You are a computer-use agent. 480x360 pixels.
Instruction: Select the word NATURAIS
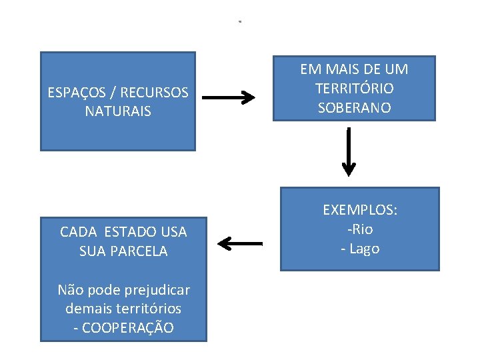(x=118, y=111)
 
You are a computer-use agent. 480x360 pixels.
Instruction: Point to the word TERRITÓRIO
(x=354, y=88)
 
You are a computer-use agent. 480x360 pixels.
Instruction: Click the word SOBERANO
(x=354, y=107)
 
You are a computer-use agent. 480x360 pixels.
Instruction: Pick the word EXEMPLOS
(x=359, y=210)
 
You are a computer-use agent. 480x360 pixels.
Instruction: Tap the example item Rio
(x=361, y=229)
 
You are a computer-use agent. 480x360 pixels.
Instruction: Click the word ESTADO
(x=131, y=232)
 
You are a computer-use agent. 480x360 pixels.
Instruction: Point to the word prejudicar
(x=153, y=290)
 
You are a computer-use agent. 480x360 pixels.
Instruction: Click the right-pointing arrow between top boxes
(x=228, y=98)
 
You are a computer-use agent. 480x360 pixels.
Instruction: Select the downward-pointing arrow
(x=349, y=154)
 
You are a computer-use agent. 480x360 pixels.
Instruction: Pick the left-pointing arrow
(x=240, y=243)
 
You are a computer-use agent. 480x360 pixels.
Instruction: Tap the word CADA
(x=78, y=232)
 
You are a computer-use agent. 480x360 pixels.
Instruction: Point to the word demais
(x=87, y=309)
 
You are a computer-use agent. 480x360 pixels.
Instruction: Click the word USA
(x=173, y=232)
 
